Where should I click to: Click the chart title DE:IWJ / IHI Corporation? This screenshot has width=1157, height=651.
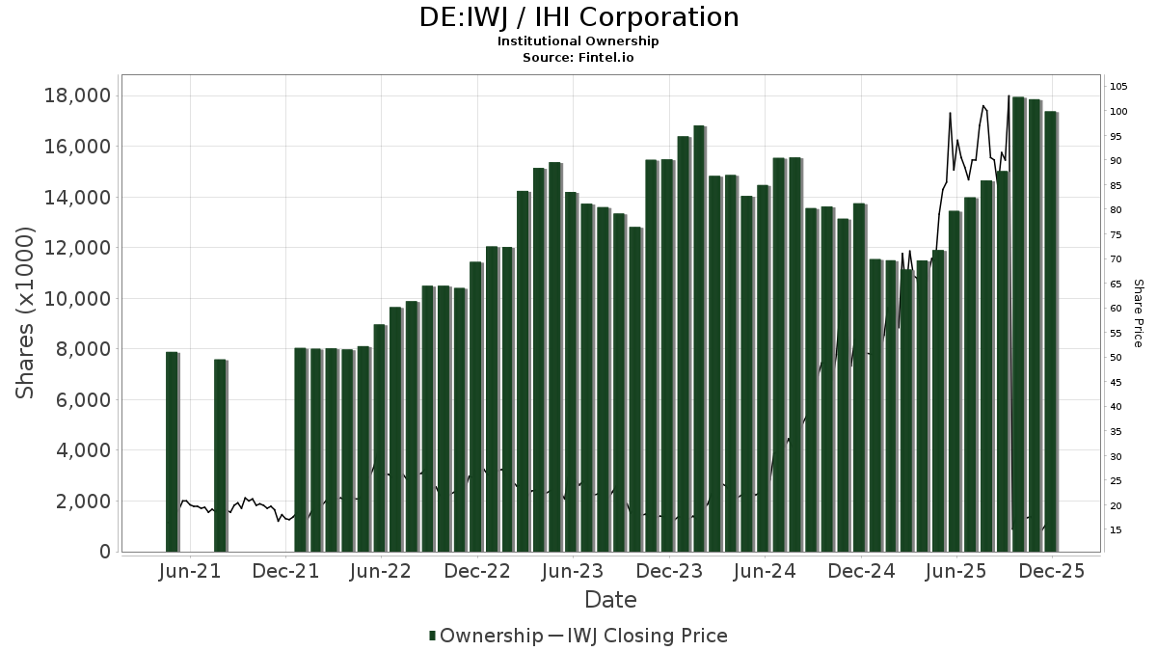(x=578, y=17)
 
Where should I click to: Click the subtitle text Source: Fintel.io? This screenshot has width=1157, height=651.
(x=578, y=57)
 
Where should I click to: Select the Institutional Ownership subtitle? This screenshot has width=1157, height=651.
(x=578, y=41)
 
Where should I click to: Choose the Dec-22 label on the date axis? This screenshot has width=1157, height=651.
(x=478, y=571)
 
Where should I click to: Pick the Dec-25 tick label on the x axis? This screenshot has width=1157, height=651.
(x=1052, y=571)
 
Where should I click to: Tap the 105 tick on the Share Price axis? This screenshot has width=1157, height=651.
(x=1118, y=87)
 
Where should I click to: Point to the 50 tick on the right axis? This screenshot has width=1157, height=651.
(x=1116, y=358)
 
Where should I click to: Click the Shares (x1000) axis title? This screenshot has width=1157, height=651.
(x=25, y=312)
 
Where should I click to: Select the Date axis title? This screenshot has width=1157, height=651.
(x=610, y=600)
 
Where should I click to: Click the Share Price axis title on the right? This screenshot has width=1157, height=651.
(x=1138, y=312)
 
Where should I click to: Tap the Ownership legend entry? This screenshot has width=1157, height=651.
(x=486, y=636)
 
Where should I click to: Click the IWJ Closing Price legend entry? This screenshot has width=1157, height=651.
(x=646, y=636)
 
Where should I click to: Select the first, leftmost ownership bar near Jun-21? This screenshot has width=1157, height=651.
(x=172, y=451)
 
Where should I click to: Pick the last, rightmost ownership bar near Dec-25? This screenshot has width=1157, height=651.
(x=1051, y=331)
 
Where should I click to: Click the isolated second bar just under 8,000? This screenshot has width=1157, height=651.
(x=220, y=455)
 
